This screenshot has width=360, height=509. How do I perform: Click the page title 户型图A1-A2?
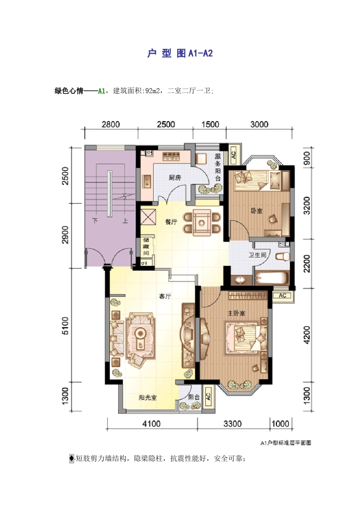(180, 53)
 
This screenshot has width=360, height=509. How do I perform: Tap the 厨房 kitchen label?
(175, 177)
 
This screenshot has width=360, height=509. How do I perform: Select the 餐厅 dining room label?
(171, 222)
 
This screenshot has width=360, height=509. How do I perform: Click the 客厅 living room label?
(165, 296)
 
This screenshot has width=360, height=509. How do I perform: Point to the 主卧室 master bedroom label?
(236, 313)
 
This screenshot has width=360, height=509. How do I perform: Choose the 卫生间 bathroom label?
(257, 255)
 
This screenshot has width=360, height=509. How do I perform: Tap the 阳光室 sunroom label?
(147, 397)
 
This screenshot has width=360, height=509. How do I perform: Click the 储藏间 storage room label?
(146, 246)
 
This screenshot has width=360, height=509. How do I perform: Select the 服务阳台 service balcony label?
(218, 167)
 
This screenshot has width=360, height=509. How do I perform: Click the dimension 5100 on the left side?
(66, 326)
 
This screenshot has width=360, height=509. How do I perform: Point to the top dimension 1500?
(210, 125)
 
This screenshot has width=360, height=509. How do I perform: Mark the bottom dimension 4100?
(151, 424)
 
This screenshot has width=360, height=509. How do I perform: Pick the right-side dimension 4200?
(307, 335)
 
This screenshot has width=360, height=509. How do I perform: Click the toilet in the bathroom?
(282, 256)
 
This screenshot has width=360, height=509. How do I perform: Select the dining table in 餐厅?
(202, 223)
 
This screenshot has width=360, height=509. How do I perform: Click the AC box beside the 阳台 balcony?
(208, 397)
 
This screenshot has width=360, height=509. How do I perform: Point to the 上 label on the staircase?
(125, 221)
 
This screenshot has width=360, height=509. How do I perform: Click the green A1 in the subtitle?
(101, 91)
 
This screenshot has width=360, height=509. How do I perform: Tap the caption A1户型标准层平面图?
(285, 443)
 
